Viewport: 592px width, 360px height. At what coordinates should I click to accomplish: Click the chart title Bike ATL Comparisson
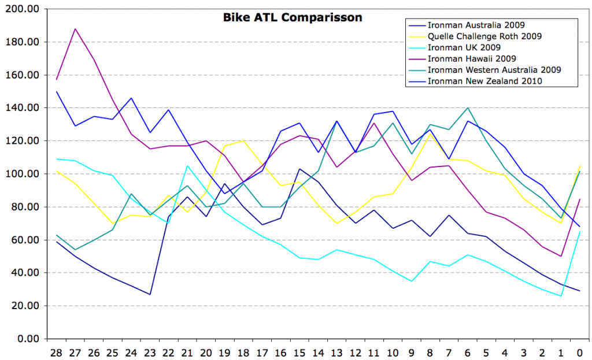293,18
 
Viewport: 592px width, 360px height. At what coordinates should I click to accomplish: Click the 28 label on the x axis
56,352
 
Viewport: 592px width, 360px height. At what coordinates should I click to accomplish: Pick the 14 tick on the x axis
318,352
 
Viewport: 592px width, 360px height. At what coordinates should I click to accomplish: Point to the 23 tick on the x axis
150,352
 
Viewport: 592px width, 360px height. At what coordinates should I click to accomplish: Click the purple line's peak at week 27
75,29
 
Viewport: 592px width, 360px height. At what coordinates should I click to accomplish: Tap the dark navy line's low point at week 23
150,294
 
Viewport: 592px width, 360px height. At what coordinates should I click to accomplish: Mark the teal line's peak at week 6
468,108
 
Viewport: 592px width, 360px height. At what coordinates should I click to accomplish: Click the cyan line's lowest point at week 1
561,296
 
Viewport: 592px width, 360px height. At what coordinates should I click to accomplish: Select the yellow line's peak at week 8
430,134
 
